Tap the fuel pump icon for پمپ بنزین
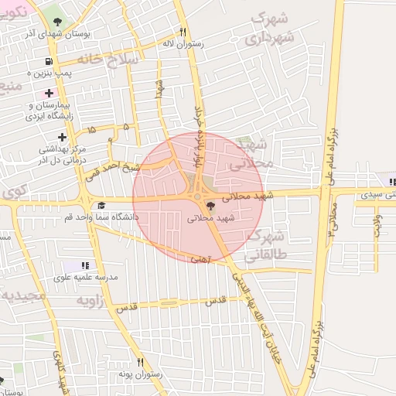(49, 61)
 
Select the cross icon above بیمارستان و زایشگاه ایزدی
(49, 93)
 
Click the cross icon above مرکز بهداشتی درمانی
(62, 136)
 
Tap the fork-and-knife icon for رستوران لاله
(183, 32)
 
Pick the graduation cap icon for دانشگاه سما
(101, 206)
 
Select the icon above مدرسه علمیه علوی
(85, 265)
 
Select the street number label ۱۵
(92, 129)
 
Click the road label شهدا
(160, 88)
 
